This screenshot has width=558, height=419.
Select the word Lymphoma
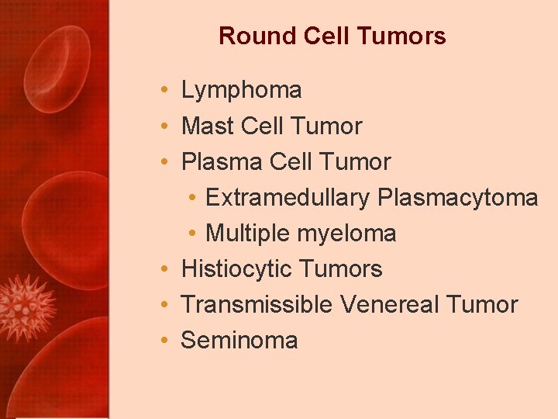241,90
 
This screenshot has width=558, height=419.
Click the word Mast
208,126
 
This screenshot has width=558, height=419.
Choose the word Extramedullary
288,198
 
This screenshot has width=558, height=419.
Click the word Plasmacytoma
457,198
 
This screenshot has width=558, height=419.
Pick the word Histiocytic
236,269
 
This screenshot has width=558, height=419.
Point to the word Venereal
388,305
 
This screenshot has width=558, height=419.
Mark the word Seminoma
239,341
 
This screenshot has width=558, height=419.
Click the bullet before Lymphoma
167,91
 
